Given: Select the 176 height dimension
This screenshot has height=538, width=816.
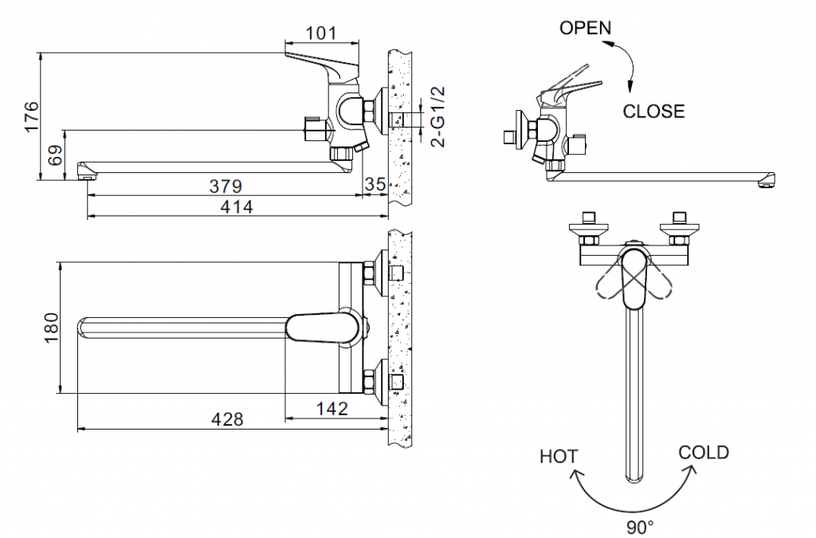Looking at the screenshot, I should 30,116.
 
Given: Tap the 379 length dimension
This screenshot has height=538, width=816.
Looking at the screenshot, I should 226,187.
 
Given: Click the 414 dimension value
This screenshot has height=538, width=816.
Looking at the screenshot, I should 236,207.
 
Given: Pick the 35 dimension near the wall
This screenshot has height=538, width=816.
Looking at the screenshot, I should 375,184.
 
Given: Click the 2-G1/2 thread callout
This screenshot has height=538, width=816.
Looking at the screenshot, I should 437,117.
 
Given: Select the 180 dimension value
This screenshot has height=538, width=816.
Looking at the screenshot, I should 50,327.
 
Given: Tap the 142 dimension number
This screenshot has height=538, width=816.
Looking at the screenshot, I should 332,409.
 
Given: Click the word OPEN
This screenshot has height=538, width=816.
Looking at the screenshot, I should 586,28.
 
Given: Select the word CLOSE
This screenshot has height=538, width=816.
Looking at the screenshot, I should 653,111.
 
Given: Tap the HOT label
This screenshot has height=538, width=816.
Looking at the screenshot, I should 559,457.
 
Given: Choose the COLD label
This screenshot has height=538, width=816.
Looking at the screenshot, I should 704,453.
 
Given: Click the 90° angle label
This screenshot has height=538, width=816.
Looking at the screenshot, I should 640,526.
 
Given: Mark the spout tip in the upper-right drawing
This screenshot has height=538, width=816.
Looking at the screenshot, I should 766,181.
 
